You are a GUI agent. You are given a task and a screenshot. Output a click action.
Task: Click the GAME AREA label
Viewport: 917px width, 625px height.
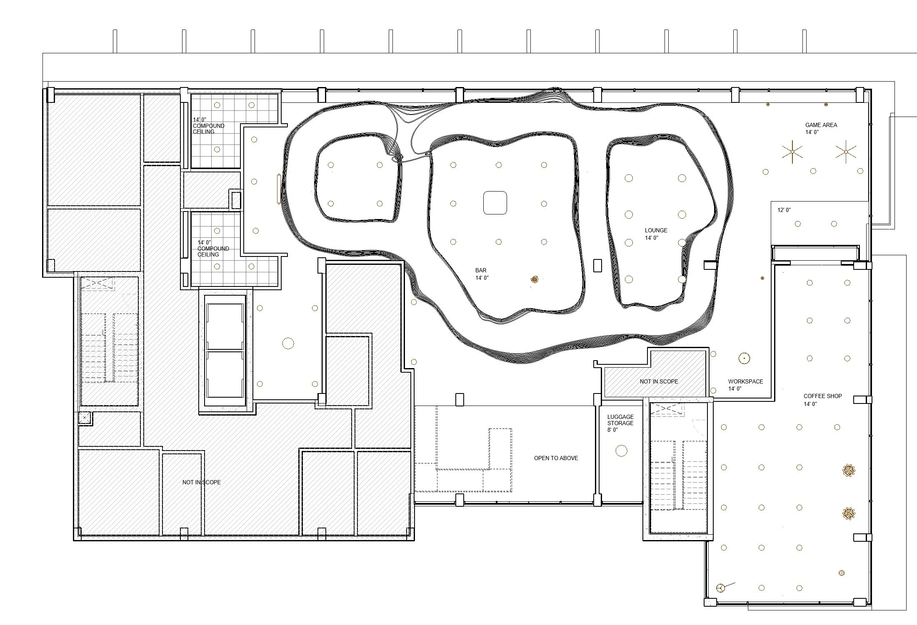click(821, 125)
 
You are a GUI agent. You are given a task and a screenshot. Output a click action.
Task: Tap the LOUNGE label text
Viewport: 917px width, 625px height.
click(656, 230)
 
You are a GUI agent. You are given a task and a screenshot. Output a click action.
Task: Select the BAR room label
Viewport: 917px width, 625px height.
click(481, 270)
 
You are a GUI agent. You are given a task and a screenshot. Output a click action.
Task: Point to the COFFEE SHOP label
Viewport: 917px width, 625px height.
click(822, 396)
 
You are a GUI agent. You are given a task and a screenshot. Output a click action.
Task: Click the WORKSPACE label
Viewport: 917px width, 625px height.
click(745, 381)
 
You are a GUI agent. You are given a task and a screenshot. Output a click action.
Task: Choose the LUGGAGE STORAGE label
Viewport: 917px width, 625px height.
click(620, 420)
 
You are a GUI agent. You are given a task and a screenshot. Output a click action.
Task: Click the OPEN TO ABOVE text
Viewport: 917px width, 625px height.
click(556, 458)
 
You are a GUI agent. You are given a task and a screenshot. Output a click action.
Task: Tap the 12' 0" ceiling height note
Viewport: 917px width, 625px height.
click(784, 210)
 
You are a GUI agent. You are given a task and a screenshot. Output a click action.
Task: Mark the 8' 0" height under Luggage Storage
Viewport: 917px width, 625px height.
click(612, 430)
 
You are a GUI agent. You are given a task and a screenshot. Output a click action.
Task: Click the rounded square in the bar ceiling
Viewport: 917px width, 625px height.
click(495, 203)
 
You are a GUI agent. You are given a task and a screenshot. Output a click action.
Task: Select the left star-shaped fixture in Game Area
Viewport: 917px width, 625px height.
click(792, 152)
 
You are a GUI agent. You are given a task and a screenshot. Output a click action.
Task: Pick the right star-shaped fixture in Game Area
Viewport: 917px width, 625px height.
click(846, 152)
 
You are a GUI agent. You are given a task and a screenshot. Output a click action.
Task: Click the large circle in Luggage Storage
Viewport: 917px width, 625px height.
click(621, 451)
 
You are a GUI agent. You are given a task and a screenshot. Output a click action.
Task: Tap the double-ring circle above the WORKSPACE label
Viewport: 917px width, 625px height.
click(744, 358)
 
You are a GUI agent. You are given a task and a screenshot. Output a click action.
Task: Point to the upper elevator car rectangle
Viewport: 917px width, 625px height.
click(225, 326)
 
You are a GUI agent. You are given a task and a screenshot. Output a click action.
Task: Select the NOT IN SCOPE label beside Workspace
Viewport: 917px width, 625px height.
click(659, 381)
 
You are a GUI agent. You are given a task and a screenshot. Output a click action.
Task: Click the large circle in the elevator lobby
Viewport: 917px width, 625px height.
click(288, 344)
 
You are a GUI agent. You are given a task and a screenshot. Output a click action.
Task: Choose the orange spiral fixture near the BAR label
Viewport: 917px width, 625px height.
click(534, 279)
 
